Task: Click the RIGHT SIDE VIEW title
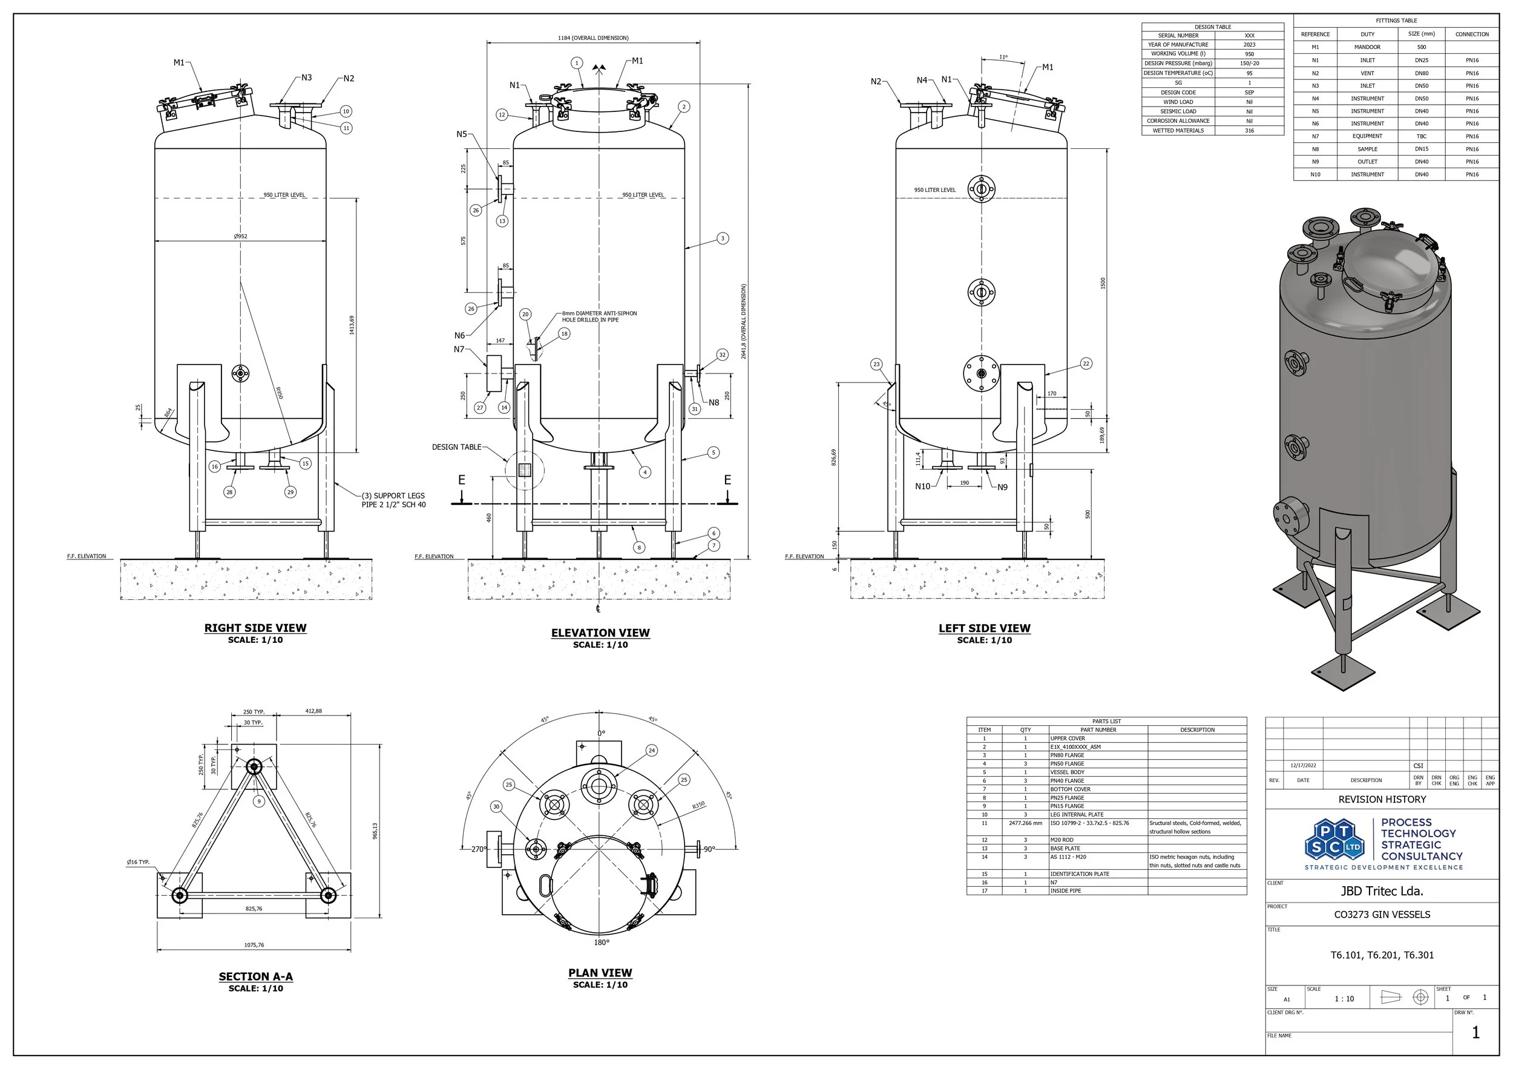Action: point(255,628)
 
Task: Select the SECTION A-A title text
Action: point(255,977)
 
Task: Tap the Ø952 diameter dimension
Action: point(240,236)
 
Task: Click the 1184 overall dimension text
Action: point(593,38)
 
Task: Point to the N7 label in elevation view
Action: point(459,349)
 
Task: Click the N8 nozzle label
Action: point(714,403)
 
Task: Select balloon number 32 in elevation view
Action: point(722,355)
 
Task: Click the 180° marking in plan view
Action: point(601,942)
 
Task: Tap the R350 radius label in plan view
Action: point(698,805)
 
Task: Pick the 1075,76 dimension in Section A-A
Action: point(254,945)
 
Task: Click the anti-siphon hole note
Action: point(599,317)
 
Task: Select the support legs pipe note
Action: point(393,500)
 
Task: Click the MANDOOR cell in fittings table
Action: point(1367,47)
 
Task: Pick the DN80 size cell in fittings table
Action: point(1422,73)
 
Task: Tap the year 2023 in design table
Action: point(1249,45)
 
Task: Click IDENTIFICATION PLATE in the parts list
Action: point(1080,874)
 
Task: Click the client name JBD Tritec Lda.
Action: point(1382,891)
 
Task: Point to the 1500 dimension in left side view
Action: point(1103,283)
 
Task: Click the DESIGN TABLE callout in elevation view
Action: point(457,447)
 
